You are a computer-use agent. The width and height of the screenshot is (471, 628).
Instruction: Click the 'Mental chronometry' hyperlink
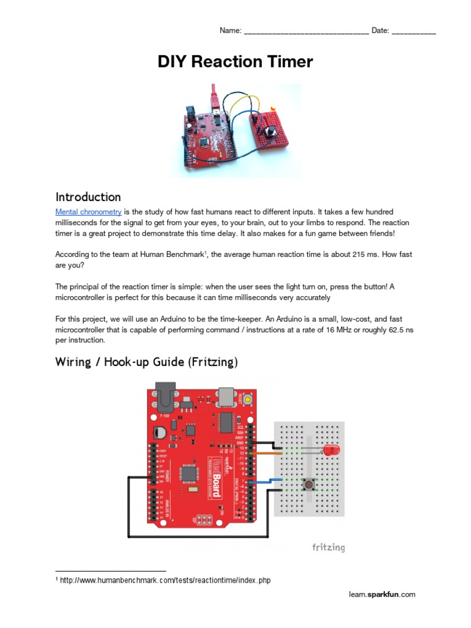pos(88,212)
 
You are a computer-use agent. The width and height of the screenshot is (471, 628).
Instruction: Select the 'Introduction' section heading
pos(88,197)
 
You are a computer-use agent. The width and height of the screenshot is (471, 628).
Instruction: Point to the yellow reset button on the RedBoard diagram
pos(248,399)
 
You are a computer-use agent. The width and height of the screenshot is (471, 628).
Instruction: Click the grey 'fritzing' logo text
pos(327,547)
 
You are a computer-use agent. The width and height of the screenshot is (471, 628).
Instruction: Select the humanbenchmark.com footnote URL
pos(165,580)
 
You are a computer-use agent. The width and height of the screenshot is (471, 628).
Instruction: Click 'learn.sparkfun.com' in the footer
pos(382,594)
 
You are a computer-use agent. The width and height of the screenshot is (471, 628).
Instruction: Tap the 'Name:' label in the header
pos(230,31)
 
